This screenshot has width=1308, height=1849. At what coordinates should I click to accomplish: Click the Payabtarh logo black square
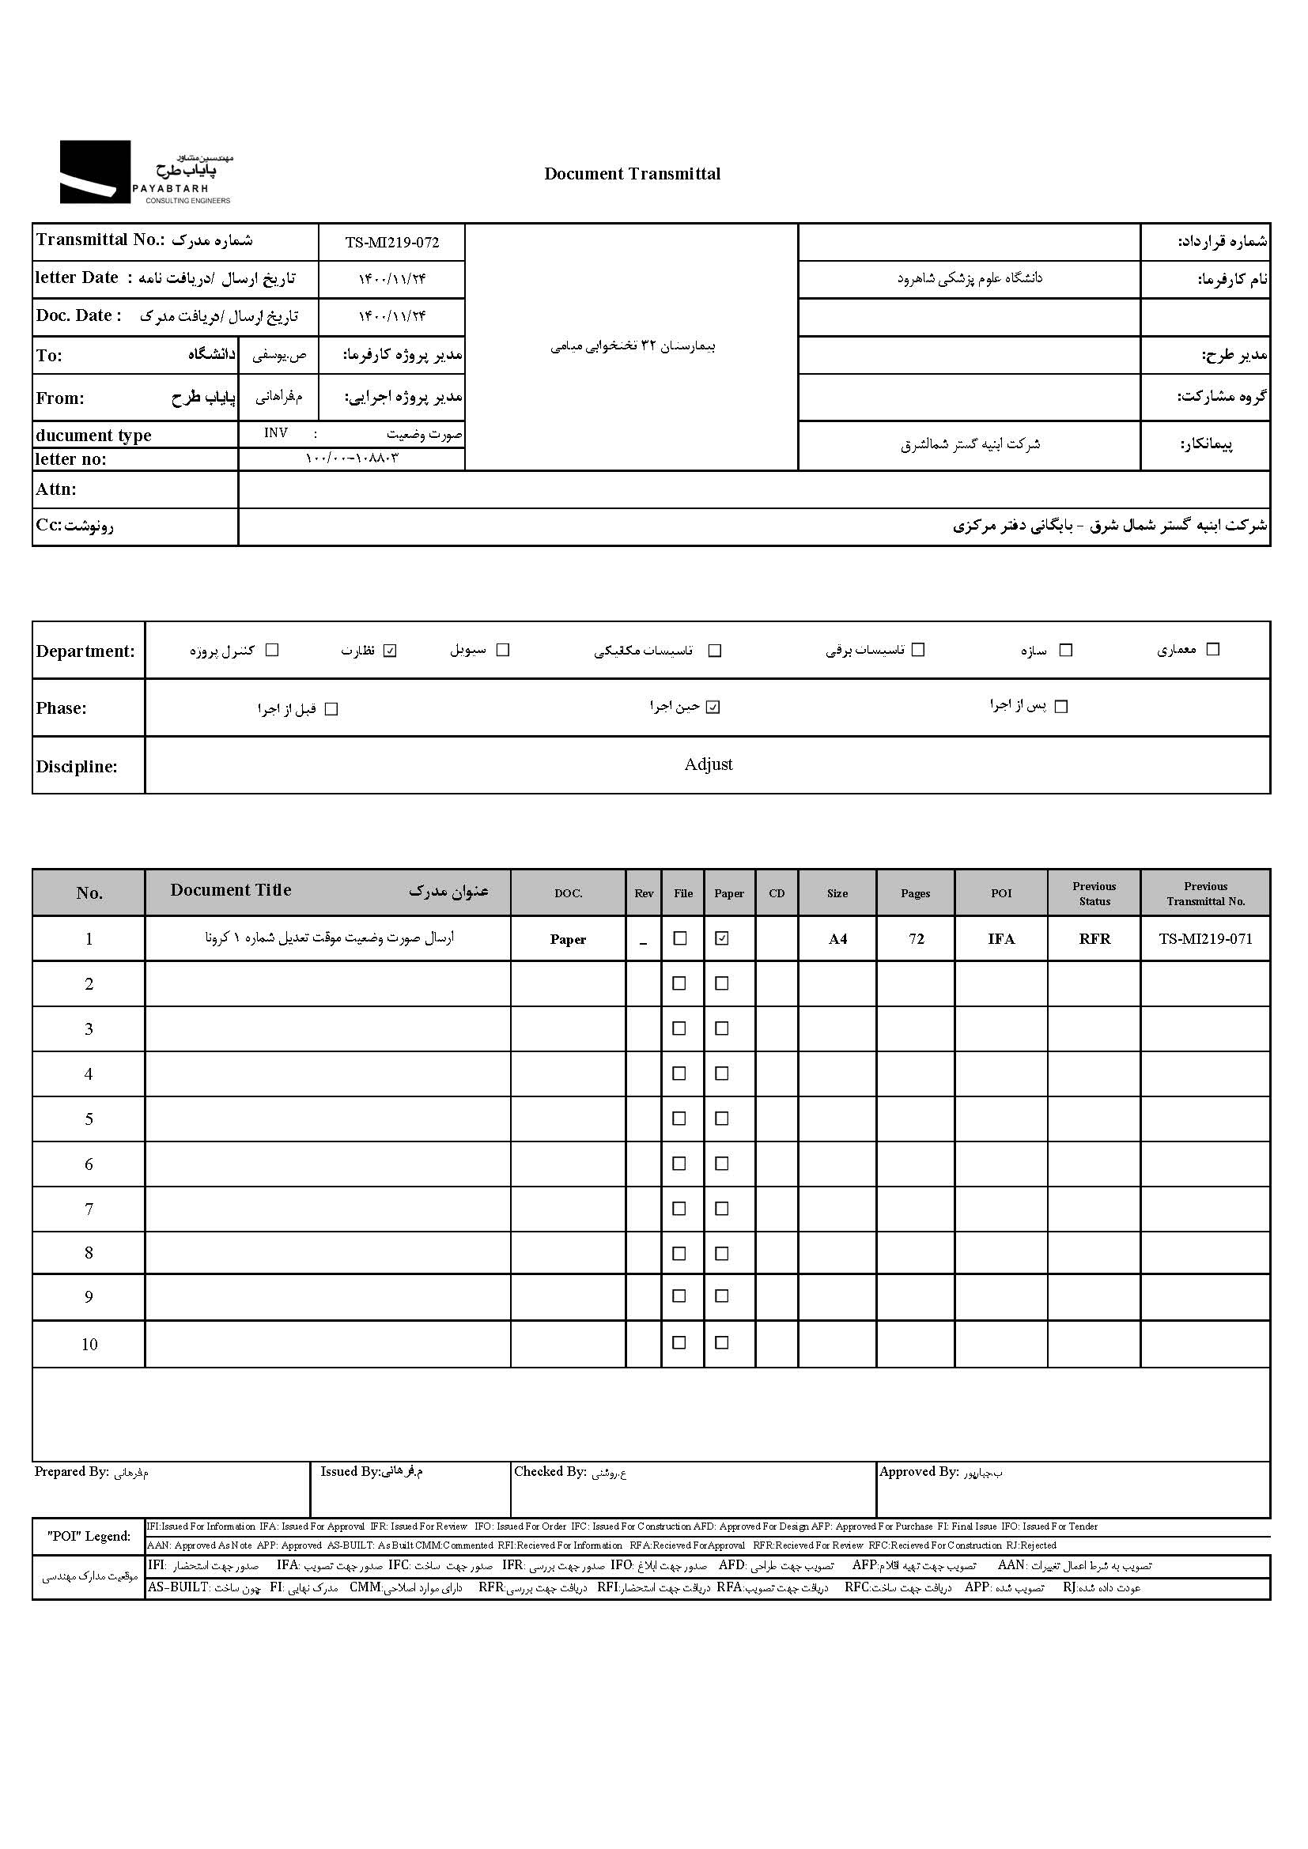pos(95,172)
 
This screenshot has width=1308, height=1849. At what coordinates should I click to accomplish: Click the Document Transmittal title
pos(633,174)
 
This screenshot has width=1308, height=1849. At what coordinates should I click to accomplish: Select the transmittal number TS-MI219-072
pos(392,243)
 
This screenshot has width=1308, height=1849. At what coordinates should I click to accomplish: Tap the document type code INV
pos(275,433)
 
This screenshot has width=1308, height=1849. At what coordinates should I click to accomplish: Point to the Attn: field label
pos(55,489)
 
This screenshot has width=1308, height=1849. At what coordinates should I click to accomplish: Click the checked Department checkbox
pos(391,651)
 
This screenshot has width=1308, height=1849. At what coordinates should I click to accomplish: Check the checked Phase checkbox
pos(713,707)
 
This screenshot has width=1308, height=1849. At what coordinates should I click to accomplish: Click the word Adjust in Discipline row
pos(708,764)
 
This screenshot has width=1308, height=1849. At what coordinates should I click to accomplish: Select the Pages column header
pos(915,893)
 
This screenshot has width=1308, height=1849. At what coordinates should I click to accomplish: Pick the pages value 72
pos(916,939)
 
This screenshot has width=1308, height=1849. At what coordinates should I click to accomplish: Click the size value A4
pos(837,939)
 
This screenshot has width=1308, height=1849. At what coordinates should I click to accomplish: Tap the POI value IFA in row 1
pos(1001,939)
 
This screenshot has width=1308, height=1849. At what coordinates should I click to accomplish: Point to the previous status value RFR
pos(1094,939)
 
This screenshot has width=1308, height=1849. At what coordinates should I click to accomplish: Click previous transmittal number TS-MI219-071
pos(1205,939)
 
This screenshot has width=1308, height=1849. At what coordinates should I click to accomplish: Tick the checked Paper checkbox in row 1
pos(723,938)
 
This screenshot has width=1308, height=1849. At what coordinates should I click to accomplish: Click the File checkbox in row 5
pos(680,1119)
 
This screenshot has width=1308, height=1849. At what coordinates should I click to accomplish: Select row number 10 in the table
pos(89,1344)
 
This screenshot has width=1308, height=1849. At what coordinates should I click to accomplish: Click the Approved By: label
pos(919,1472)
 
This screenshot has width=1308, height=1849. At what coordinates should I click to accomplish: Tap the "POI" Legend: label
pos(89,1536)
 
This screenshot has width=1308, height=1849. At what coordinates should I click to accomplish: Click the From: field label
pos(59,398)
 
